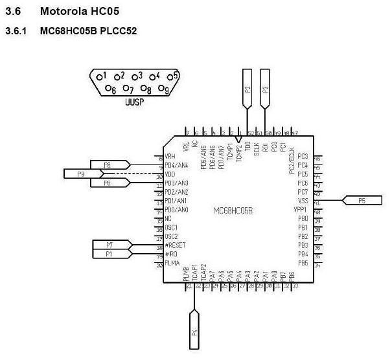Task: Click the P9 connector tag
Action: coord(81,174)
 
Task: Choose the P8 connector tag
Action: coord(108,165)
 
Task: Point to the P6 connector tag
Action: coord(108,183)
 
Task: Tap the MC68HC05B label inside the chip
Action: coord(233,211)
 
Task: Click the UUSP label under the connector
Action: coord(134,102)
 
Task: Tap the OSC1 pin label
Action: coord(171,228)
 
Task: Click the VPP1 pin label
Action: coord(300,210)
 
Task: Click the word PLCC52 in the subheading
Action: coord(118,30)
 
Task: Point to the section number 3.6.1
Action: coord(14,30)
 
